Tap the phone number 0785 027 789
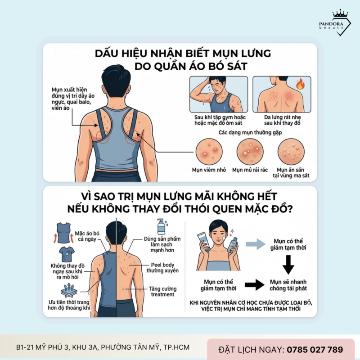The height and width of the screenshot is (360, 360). click(x=315, y=349)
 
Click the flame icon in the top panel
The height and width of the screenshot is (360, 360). click(x=300, y=84)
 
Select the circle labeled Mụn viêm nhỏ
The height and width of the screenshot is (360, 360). click(x=209, y=151)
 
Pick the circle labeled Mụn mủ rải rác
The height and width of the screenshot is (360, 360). click(x=250, y=151)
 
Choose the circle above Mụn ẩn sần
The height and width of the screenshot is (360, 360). click(x=290, y=151)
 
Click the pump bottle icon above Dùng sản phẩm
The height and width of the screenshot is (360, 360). click(x=161, y=227)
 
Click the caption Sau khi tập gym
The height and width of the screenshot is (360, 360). click(x=217, y=120)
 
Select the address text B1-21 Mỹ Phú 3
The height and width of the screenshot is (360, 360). click(x=103, y=347)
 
